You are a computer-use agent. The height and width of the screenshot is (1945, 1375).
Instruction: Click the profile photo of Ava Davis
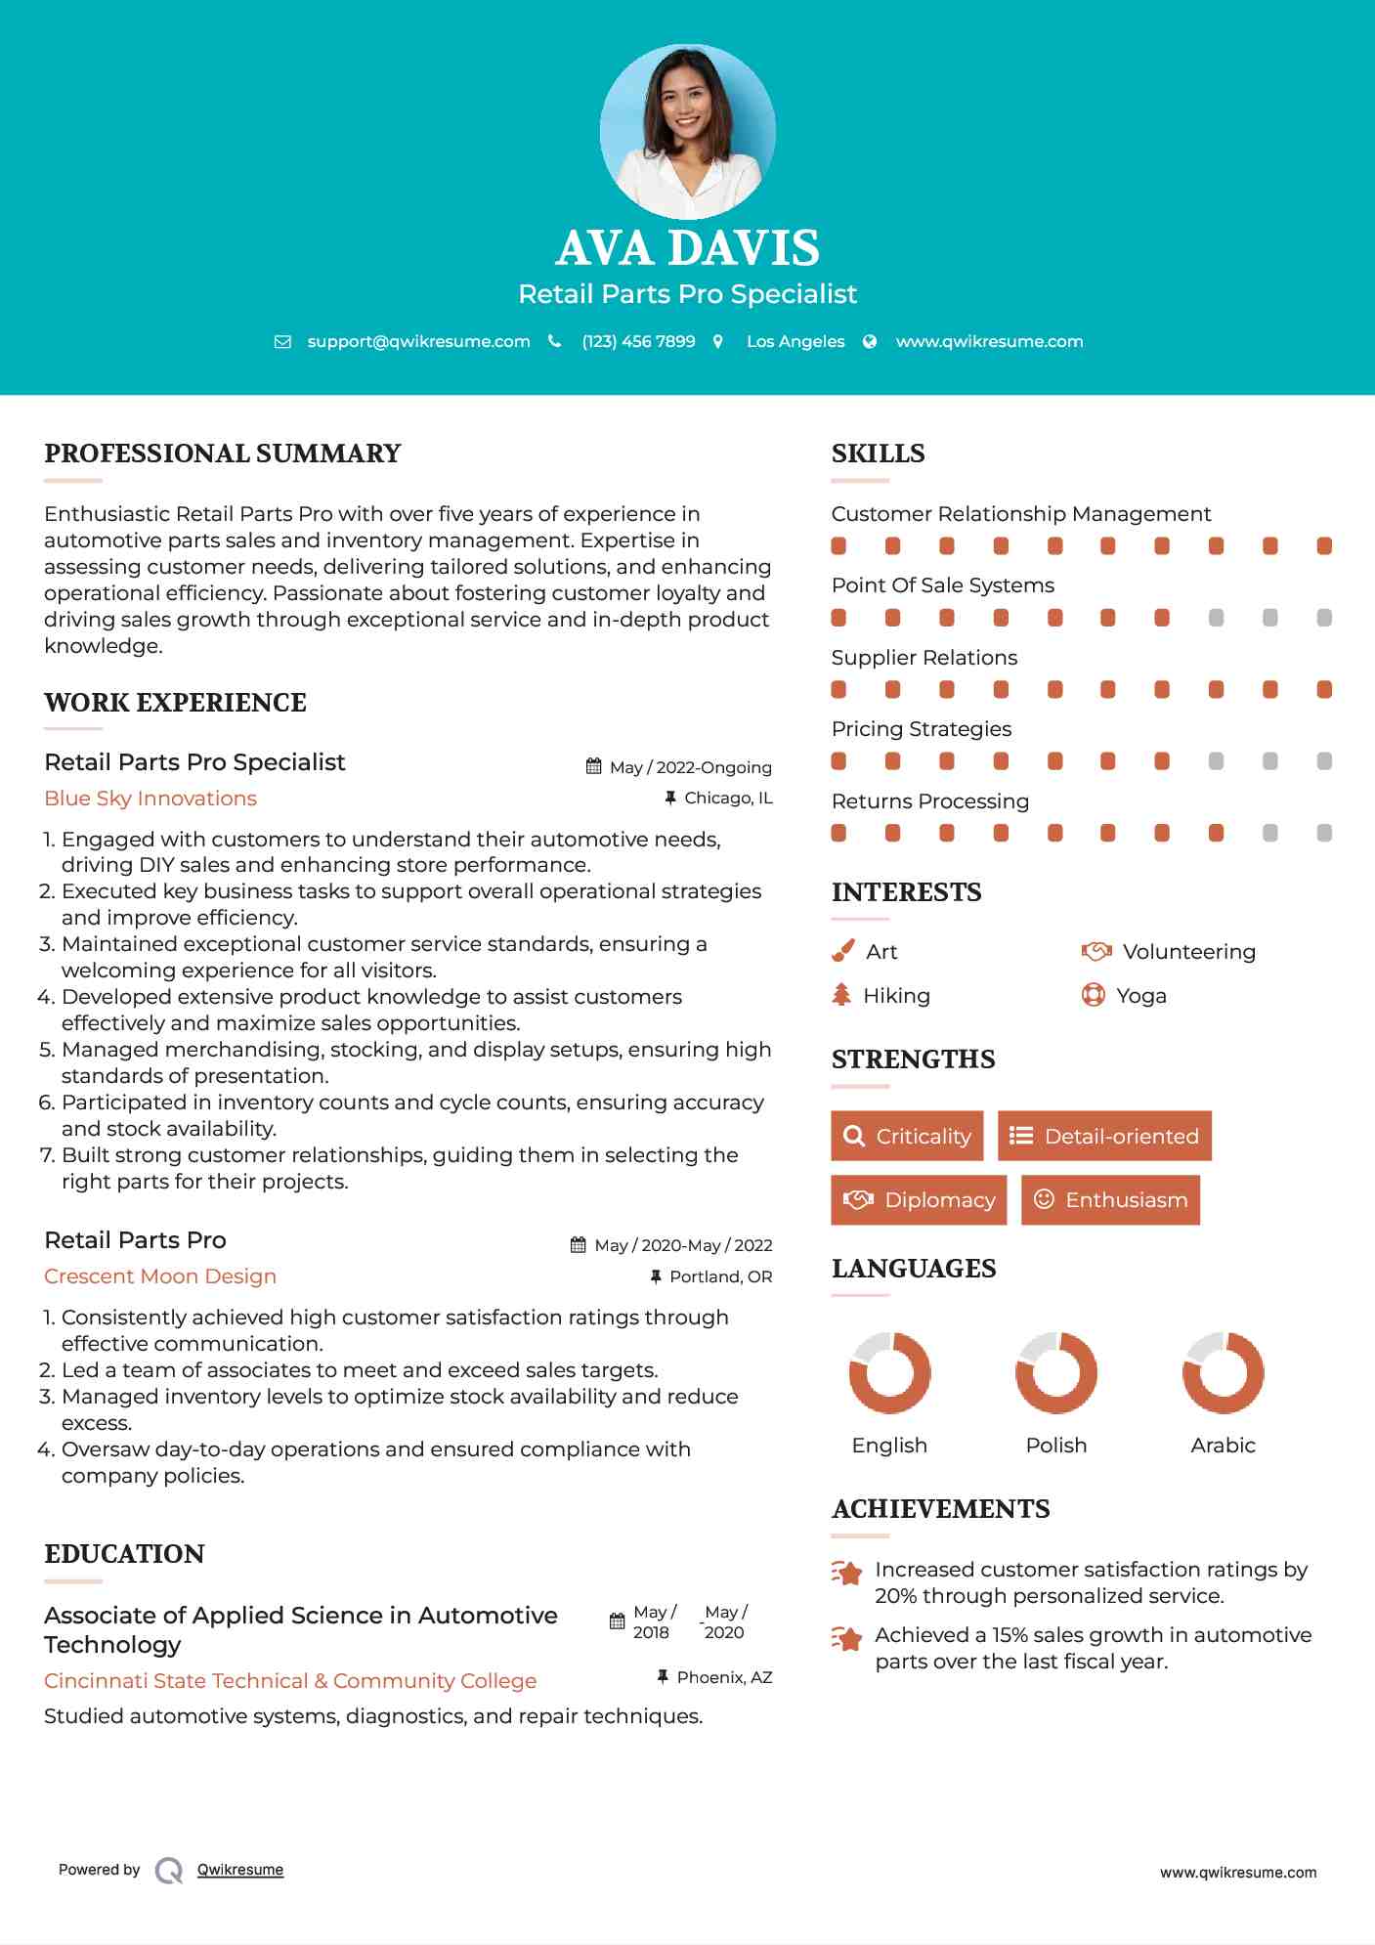pos(687,131)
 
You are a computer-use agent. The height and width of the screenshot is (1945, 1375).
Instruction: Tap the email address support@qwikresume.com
pos(418,342)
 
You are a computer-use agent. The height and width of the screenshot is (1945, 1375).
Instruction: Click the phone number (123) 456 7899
pos(638,342)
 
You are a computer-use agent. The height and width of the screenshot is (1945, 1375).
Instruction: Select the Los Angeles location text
pos(795,342)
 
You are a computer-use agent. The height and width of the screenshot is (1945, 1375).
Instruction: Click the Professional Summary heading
pos(223,454)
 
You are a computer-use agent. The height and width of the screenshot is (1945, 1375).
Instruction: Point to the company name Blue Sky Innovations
pos(150,799)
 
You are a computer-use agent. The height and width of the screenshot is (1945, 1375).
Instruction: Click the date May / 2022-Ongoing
pos(690,767)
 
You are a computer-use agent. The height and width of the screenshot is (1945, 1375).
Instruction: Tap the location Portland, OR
pos(720,1276)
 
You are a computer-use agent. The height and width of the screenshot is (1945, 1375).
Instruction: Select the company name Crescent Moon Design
pos(160,1276)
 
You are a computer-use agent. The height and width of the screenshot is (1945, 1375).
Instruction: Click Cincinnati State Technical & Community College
pos(290,1681)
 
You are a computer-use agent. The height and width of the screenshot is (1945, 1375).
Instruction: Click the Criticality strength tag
pos(907,1136)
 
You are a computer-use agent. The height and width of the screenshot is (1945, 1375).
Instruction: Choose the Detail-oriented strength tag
pos(1104,1136)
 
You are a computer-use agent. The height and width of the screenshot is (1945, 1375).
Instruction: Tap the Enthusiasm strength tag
pos(1110,1199)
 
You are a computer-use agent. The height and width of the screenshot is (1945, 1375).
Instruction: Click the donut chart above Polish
pos(1055,1372)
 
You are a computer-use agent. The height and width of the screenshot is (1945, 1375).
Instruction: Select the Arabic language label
pos(1223,1446)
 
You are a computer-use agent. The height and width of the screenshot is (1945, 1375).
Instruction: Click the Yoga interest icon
pos(1093,995)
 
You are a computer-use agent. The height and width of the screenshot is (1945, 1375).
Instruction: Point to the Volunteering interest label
pos(1188,952)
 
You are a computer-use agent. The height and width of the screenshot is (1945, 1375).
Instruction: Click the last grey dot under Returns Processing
pos(1324,833)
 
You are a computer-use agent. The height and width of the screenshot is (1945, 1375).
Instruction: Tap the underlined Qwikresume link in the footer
pos(240,1870)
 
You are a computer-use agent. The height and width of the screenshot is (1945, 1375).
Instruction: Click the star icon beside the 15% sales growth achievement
pos(846,1639)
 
